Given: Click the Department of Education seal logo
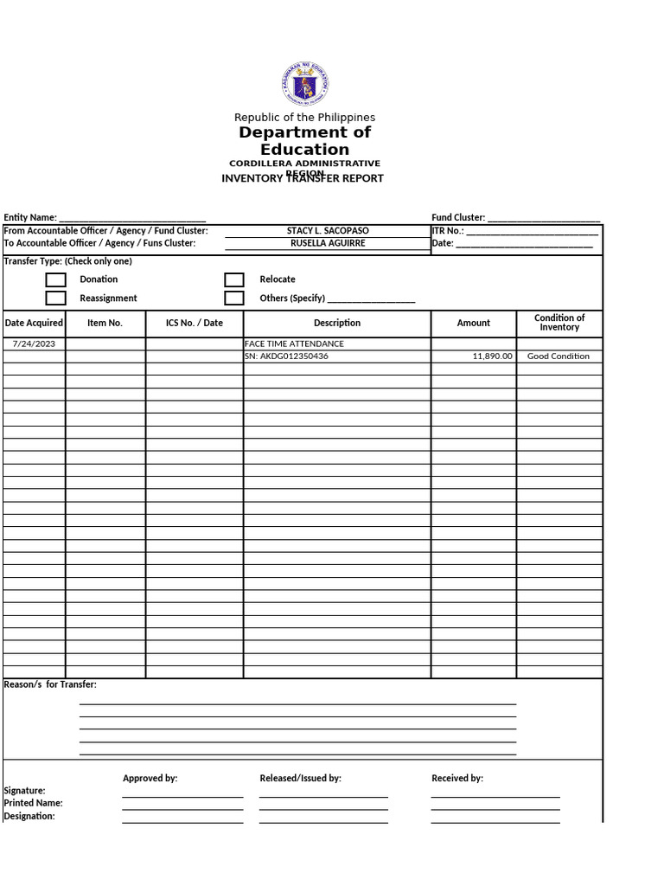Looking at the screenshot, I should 305,86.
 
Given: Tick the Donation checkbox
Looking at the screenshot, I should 56,279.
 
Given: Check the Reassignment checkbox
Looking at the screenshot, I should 56,299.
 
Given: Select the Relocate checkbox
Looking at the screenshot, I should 234,279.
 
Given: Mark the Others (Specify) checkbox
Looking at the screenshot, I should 234,299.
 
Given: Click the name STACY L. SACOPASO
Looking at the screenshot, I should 328,231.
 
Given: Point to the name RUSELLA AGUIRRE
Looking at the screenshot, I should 328,243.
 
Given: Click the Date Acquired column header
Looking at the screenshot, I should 34,323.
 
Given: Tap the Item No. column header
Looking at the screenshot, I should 105,323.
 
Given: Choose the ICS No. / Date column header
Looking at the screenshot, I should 195,323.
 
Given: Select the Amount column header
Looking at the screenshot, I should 473,323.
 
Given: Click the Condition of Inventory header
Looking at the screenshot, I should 559,323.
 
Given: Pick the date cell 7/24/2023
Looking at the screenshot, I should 34,343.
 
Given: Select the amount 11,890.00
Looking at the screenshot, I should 493,356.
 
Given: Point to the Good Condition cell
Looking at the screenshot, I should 559,356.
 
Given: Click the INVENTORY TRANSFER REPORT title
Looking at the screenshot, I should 303,179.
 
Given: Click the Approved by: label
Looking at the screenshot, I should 150,779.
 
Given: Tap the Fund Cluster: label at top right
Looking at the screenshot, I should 458,218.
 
